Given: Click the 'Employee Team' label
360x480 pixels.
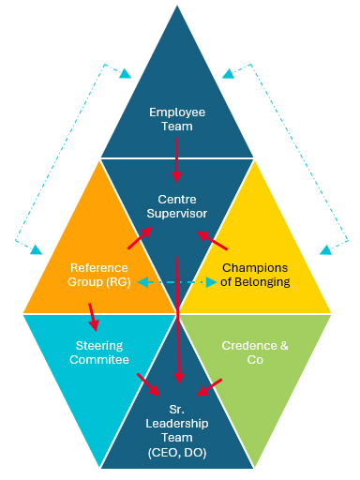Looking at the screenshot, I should (x=176, y=119).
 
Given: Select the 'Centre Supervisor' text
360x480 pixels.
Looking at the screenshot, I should (x=176, y=206).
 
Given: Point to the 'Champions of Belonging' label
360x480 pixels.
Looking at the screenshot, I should (x=256, y=274).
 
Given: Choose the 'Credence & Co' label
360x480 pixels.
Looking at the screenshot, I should (x=256, y=352).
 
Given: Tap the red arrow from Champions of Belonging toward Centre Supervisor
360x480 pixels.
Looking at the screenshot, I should (x=215, y=242).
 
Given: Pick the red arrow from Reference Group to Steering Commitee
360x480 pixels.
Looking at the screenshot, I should (x=92, y=316).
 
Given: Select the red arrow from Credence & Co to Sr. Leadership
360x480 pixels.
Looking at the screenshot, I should (x=210, y=386).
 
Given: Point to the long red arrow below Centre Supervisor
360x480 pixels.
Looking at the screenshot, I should (x=176, y=319).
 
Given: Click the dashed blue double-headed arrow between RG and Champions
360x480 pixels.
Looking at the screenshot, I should (x=176, y=281).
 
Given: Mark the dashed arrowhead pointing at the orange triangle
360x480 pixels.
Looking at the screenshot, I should (x=36, y=250).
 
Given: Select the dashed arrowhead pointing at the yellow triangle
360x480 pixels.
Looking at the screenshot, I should (x=325, y=249).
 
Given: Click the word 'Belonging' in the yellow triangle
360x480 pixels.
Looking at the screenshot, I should (x=265, y=281).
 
